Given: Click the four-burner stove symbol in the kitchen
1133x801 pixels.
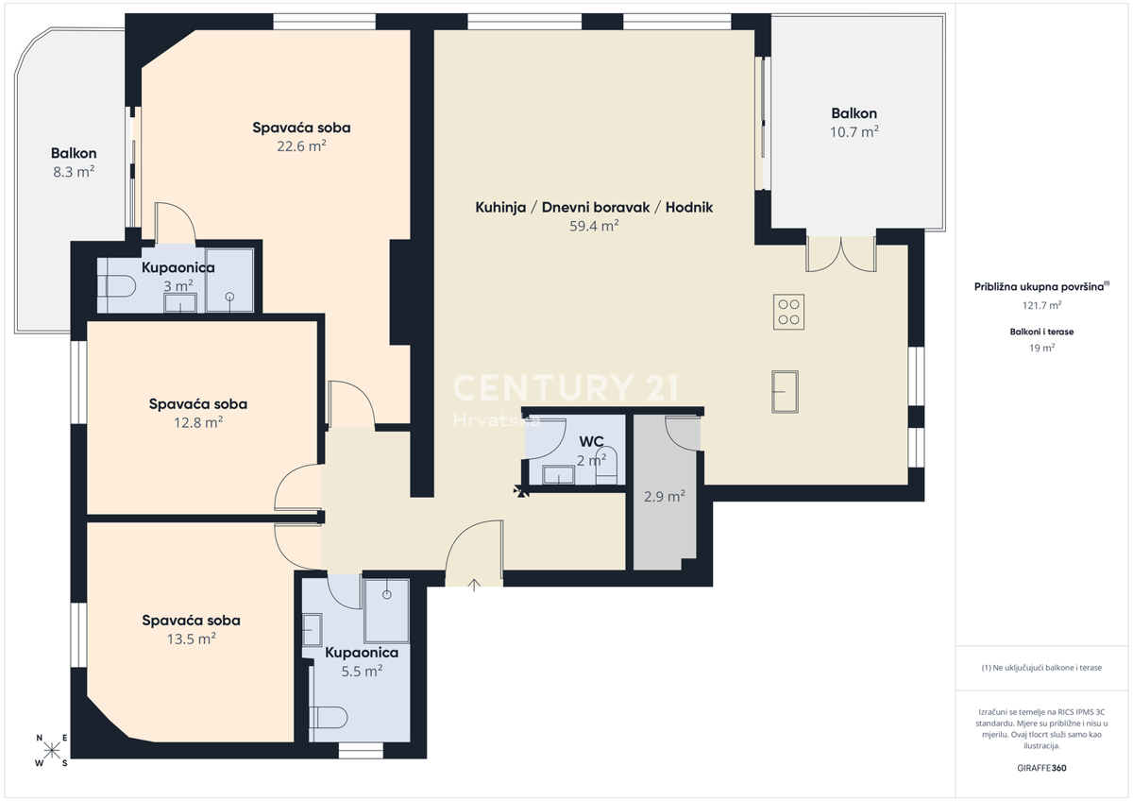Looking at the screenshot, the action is tap(788, 313).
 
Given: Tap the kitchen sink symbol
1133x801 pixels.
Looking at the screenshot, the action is tap(785, 392).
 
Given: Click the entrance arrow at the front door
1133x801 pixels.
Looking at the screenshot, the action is tap(474, 585).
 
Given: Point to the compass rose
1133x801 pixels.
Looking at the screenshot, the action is tap(52, 750).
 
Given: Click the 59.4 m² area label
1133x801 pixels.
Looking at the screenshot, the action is tap(594, 226).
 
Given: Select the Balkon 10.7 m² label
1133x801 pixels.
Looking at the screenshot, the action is tap(854, 123).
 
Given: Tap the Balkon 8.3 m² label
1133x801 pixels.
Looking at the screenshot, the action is tap(74, 162).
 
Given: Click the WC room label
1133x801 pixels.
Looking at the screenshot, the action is tap(591, 441).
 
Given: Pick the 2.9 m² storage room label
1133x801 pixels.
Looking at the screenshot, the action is tap(664, 496).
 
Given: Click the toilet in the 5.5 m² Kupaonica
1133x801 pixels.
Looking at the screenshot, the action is tap(329, 718).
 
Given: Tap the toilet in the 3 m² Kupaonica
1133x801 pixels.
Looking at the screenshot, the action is tap(117, 287).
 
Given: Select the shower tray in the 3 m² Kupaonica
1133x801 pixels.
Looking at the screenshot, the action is tap(229, 281).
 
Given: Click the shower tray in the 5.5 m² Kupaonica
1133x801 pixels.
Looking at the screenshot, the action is tap(386, 611).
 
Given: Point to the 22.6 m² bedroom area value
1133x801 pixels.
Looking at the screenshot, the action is tap(301, 146).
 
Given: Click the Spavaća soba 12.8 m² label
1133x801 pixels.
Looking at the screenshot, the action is tap(198, 413).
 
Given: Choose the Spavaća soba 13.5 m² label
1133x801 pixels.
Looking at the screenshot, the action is tap(191, 629).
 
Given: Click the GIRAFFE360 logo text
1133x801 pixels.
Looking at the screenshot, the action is tap(1041, 768).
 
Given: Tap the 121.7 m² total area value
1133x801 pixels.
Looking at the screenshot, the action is tap(1041, 305).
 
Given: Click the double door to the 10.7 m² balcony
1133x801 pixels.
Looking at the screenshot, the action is tap(840, 253).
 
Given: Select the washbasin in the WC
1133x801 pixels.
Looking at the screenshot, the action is tap(558, 474).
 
